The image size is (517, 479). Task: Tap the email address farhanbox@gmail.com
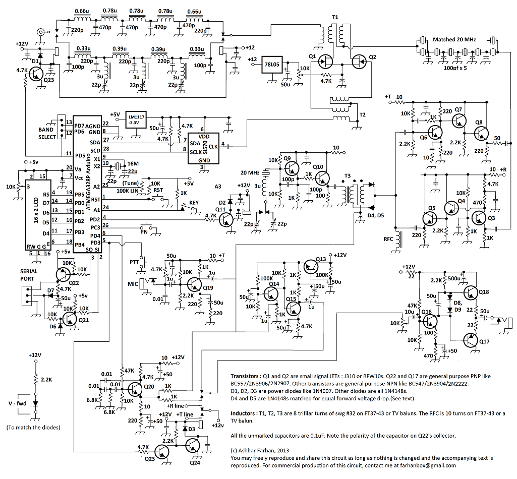(427, 465)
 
